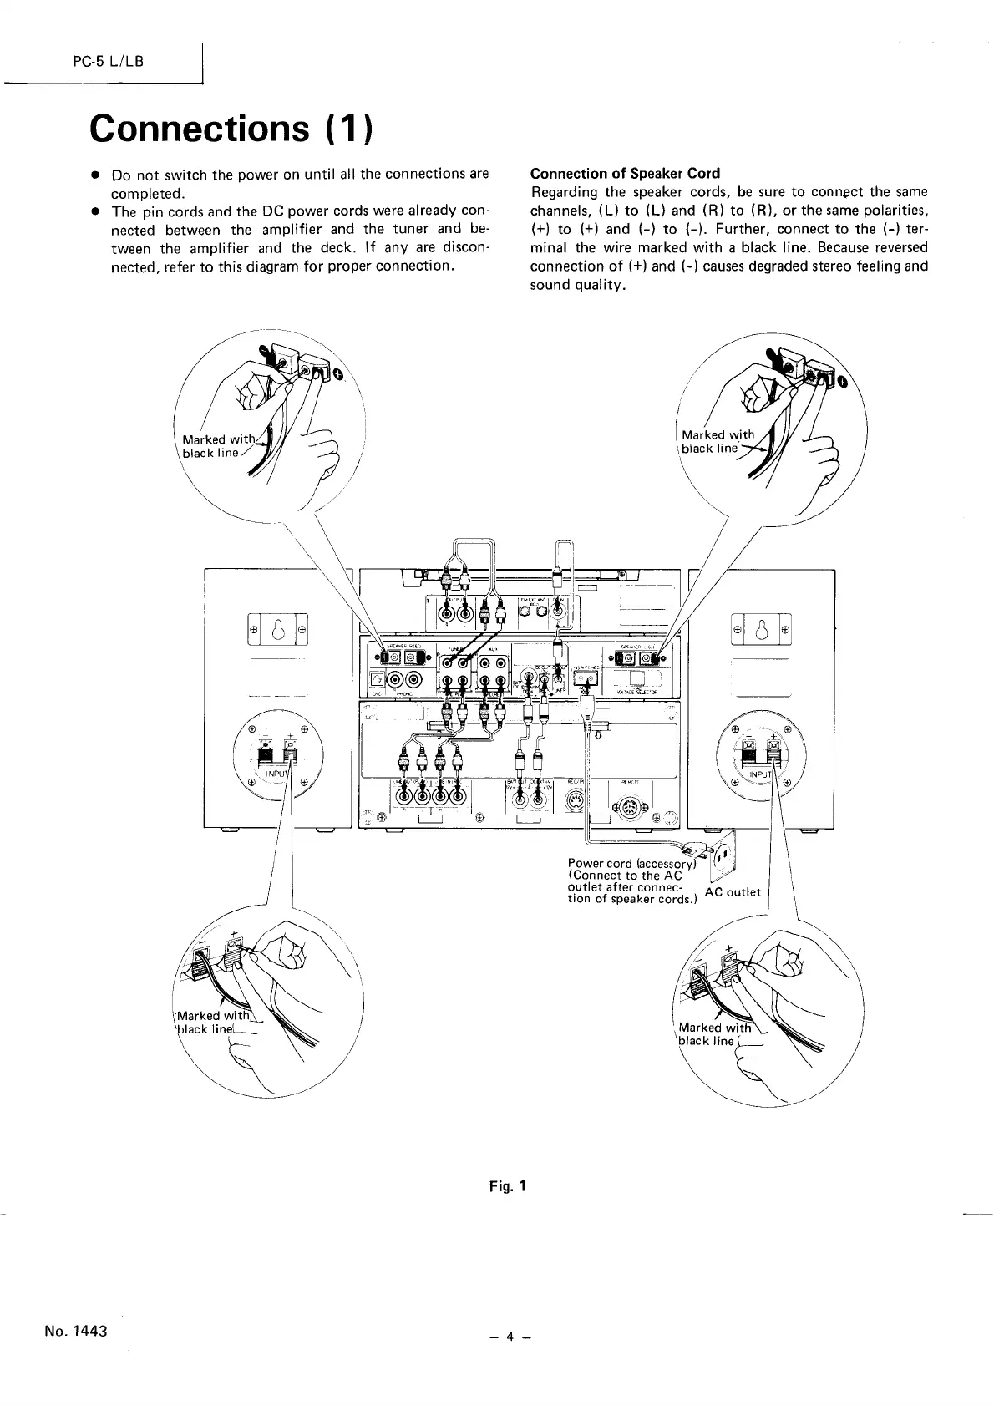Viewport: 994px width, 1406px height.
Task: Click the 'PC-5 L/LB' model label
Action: tap(109, 63)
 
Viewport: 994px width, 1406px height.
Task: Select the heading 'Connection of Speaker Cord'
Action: tap(625, 174)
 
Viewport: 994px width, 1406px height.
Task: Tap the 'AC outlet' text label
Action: tap(733, 891)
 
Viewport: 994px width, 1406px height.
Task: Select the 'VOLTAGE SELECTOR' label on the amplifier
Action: tap(637, 692)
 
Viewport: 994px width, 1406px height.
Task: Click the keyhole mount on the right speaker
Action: tap(761, 628)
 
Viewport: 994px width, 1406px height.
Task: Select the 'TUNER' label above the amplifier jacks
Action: tap(455, 648)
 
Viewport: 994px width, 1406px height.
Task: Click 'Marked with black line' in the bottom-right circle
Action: tap(708, 1033)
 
